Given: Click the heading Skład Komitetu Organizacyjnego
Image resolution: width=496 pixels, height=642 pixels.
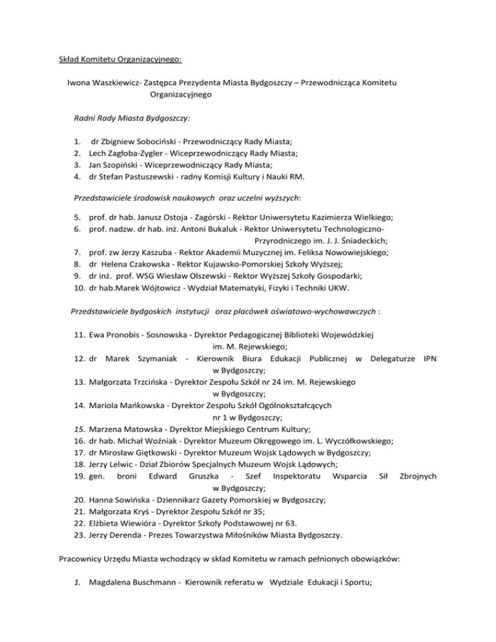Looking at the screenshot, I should (119, 61).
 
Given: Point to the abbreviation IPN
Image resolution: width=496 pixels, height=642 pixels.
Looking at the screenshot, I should (428, 359).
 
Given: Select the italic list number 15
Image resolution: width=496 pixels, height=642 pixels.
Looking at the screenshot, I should (77, 429).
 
